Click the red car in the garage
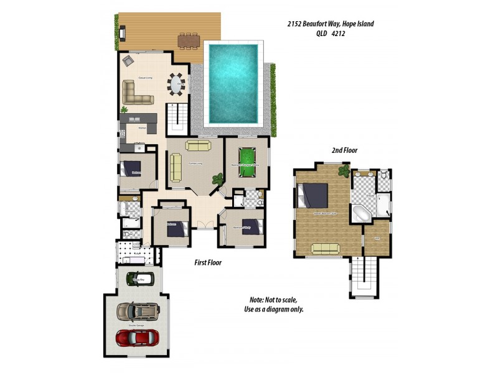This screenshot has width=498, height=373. (x=138, y=338)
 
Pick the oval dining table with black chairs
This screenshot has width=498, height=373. (x=177, y=85)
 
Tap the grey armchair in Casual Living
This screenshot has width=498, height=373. (x=128, y=60)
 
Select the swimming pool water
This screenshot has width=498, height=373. (x=233, y=83)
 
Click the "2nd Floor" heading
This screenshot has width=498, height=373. (x=344, y=150)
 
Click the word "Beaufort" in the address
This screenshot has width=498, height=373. (x=317, y=24)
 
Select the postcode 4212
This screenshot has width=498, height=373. (x=338, y=34)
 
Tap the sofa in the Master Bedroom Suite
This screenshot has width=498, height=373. (x=325, y=249)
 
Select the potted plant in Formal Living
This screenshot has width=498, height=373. (x=217, y=178)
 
